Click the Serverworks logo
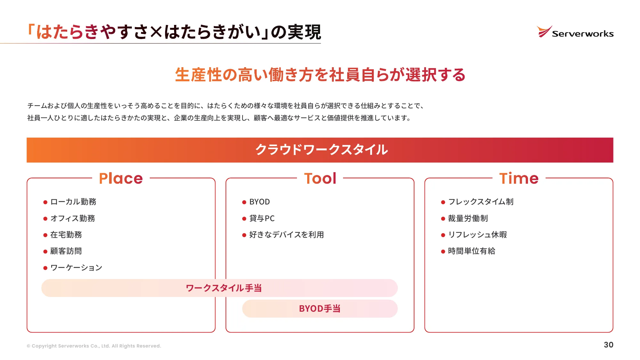(575, 32)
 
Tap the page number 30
(608, 345)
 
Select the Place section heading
(121, 178)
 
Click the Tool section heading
(320, 178)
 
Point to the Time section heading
(519, 178)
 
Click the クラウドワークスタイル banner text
(321, 150)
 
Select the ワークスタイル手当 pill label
(224, 288)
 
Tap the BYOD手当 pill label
(319, 309)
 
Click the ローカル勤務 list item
(73, 202)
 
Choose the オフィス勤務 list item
(73, 219)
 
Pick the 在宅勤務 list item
(66, 235)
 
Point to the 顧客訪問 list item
(66, 251)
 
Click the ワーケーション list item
(76, 268)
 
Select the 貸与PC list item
(262, 219)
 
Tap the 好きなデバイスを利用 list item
(286, 235)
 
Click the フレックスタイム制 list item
(481, 202)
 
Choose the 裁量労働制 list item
(468, 219)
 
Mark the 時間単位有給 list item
(471, 251)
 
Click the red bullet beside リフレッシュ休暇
(443, 235)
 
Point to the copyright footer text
(94, 346)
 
